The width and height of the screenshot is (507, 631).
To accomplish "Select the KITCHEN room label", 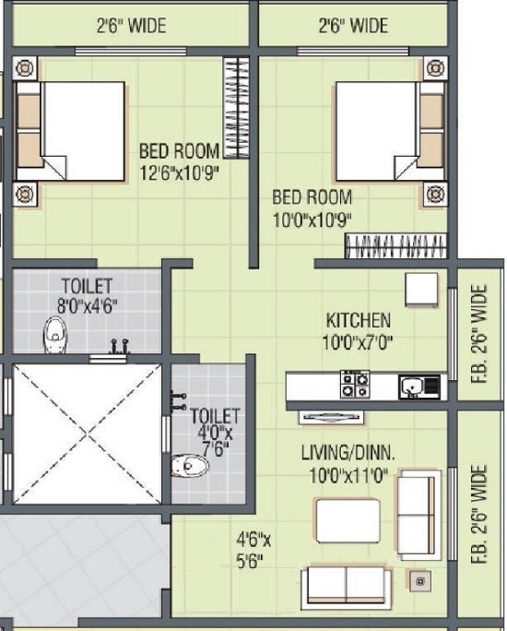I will click(359, 321).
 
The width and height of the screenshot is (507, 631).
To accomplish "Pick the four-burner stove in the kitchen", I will click(355, 384).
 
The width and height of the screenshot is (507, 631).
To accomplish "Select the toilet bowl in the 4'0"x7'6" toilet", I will click(193, 467).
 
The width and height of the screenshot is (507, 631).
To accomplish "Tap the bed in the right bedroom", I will click(388, 131).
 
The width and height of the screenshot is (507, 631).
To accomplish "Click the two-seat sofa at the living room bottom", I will click(347, 585).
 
